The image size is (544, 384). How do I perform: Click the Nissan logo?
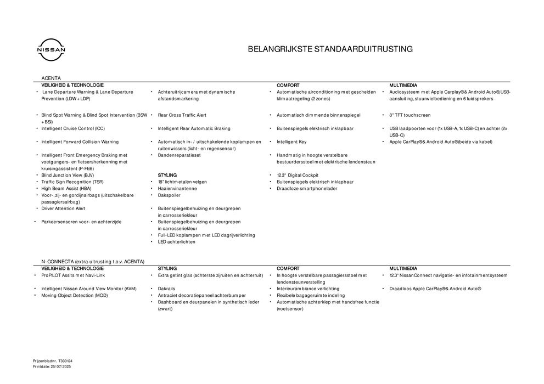click(x=51, y=49)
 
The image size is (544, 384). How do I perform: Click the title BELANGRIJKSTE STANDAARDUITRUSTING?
click(x=330, y=49)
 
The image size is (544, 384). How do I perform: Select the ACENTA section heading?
click(x=51, y=78)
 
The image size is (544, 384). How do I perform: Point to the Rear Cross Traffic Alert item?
click(x=182, y=115)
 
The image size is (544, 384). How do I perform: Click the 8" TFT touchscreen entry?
click(x=410, y=115)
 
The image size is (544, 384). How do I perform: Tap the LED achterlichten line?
click(x=177, y=241)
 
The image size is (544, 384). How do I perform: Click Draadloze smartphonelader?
click(x=307, y=188)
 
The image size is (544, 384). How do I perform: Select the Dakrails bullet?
click(x=167, y=289)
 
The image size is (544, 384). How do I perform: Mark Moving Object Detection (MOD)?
click(x=75, y=295)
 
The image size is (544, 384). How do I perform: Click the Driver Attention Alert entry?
click(x=63, y=208)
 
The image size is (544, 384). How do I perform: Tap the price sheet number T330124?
click(x=64, y=360)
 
